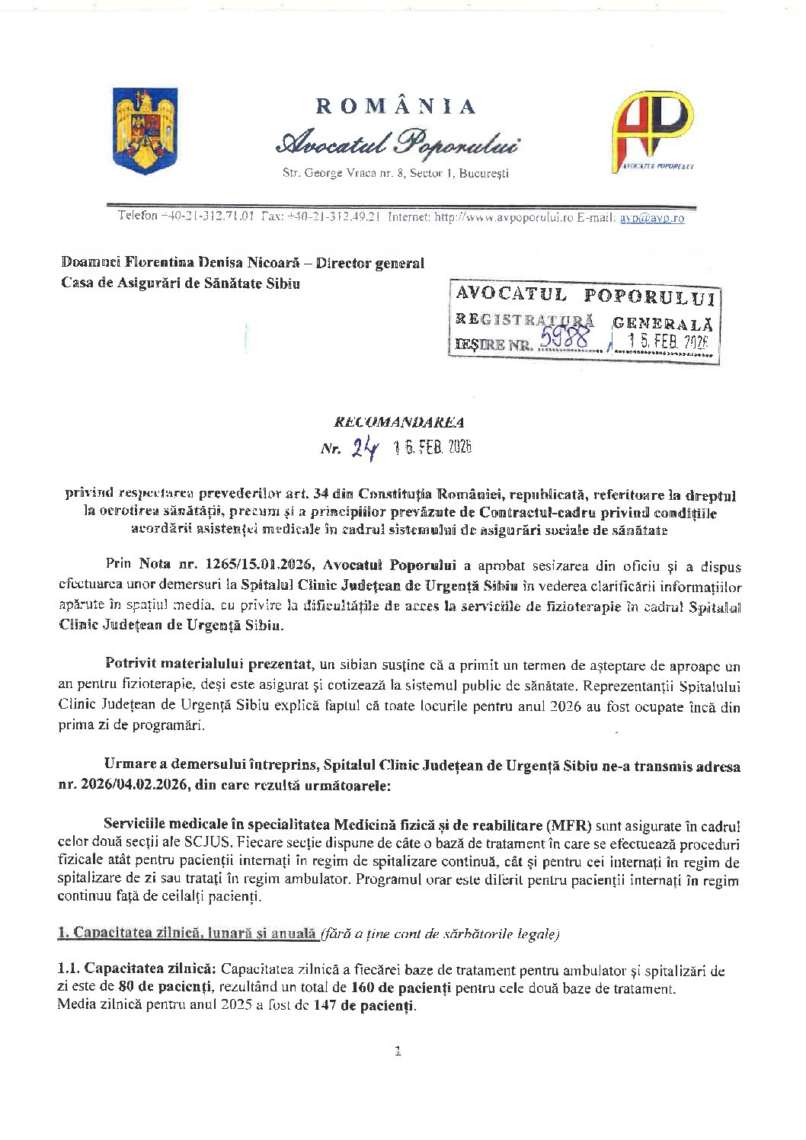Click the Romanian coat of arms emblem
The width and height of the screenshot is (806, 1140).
pos(145,130)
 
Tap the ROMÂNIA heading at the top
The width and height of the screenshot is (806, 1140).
pos(396,106)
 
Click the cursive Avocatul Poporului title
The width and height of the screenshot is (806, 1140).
pos(398,142)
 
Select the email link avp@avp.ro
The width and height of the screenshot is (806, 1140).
pos(651,218)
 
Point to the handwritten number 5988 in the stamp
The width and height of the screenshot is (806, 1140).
pos(563,338)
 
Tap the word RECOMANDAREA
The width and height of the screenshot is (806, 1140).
pos(398,422)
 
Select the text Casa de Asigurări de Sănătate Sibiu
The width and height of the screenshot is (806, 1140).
pos(181,283)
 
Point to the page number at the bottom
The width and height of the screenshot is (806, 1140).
pos(398,1052)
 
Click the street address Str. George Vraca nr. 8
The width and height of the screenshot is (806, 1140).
pos(338,173)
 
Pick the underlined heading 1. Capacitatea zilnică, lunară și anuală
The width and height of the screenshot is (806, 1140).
pos(187,933)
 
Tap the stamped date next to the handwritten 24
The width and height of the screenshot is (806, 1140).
pos(433,447)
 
